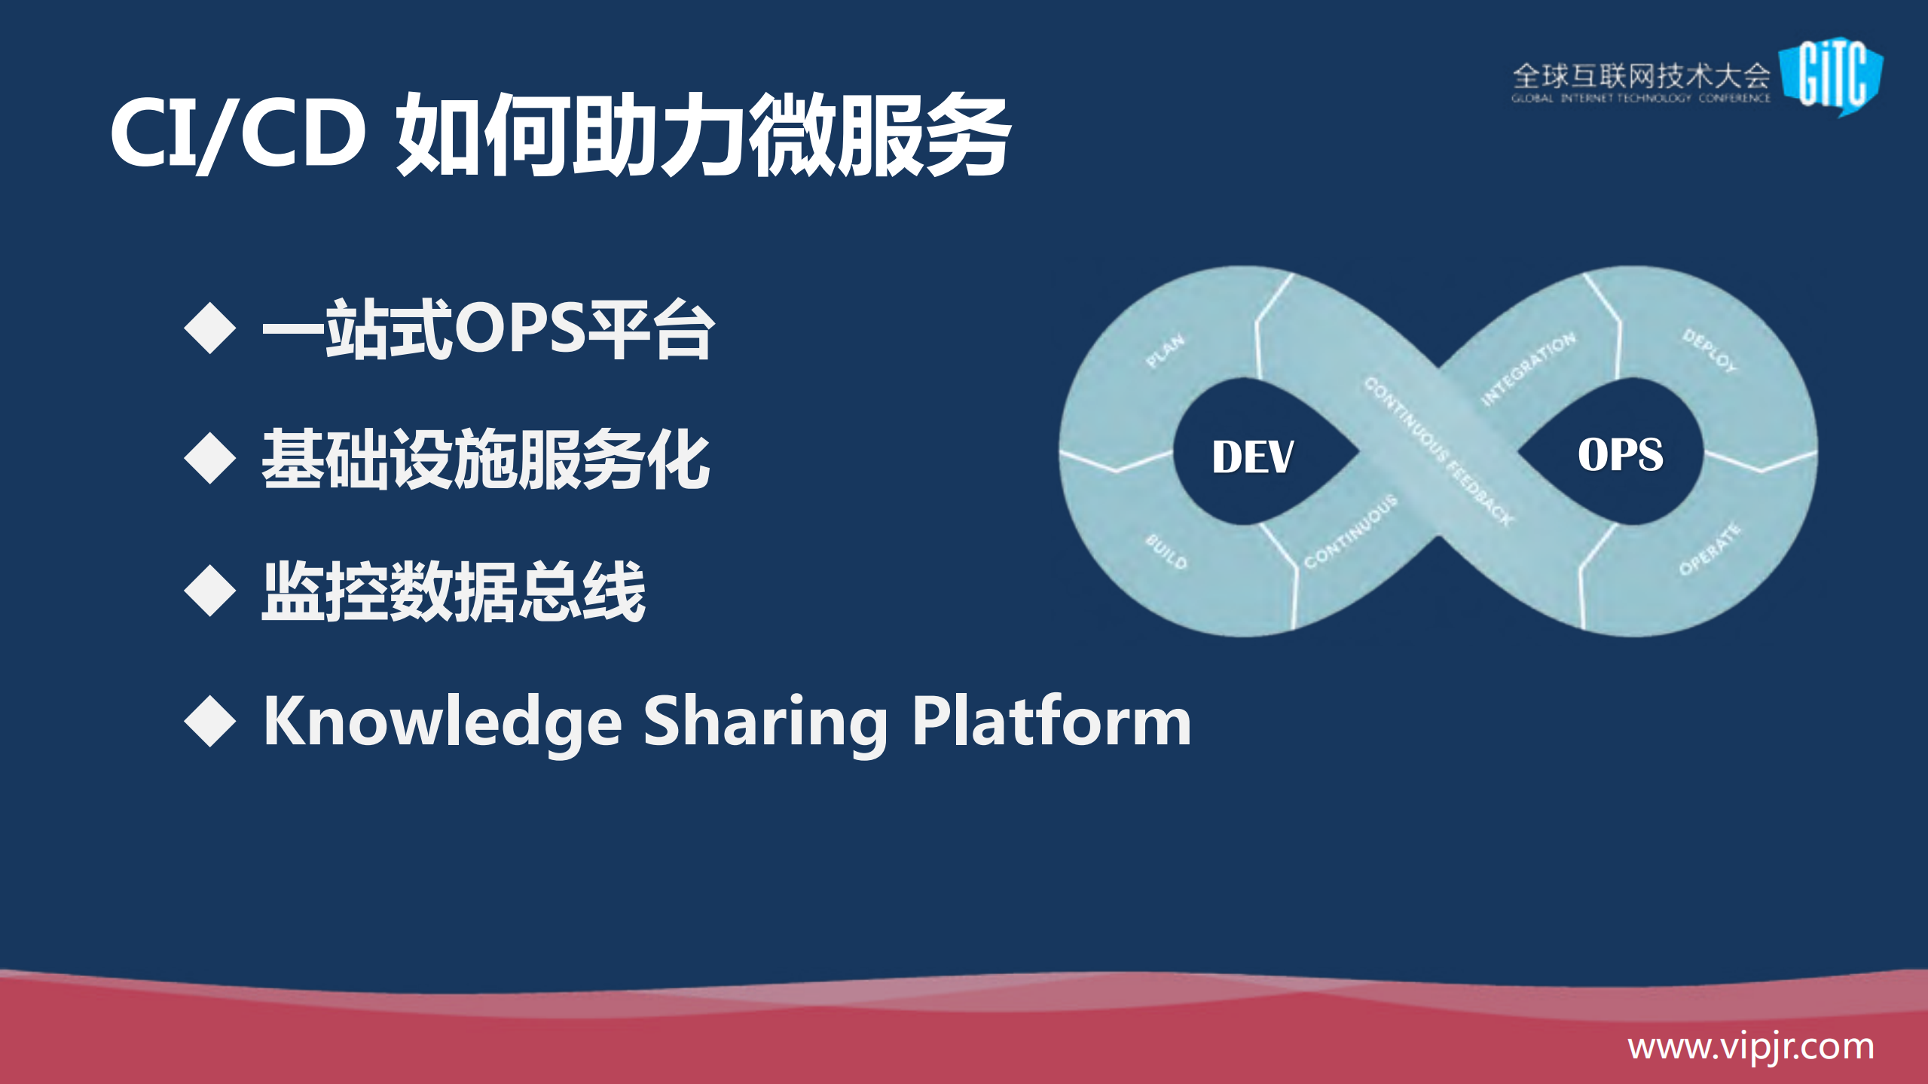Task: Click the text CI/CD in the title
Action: tap(237, 134)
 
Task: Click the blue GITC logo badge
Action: tap(1832, 75)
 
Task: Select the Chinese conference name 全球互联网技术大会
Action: tap(1641, 76)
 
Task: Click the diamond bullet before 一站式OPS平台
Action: tap(210, 328)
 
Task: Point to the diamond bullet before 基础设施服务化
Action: tap(210, 459)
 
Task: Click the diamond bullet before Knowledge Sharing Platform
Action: tap(210, 721)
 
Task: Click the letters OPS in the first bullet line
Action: tap(520, 328)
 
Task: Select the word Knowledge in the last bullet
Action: tap(443, 722)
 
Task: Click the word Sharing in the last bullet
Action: tap(765, 722)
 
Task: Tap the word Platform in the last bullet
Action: tap(1052, 722)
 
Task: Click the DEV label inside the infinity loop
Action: tap(1252, 457)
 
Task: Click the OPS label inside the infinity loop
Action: tap(1620, 454)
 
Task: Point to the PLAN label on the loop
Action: tap(1165, 351)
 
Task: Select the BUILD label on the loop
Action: tap(1166, 551)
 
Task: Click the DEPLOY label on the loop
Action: tap(1710, 350)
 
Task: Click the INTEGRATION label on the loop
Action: tap(1528, 368)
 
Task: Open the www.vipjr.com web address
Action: tap(1750, 1047)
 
